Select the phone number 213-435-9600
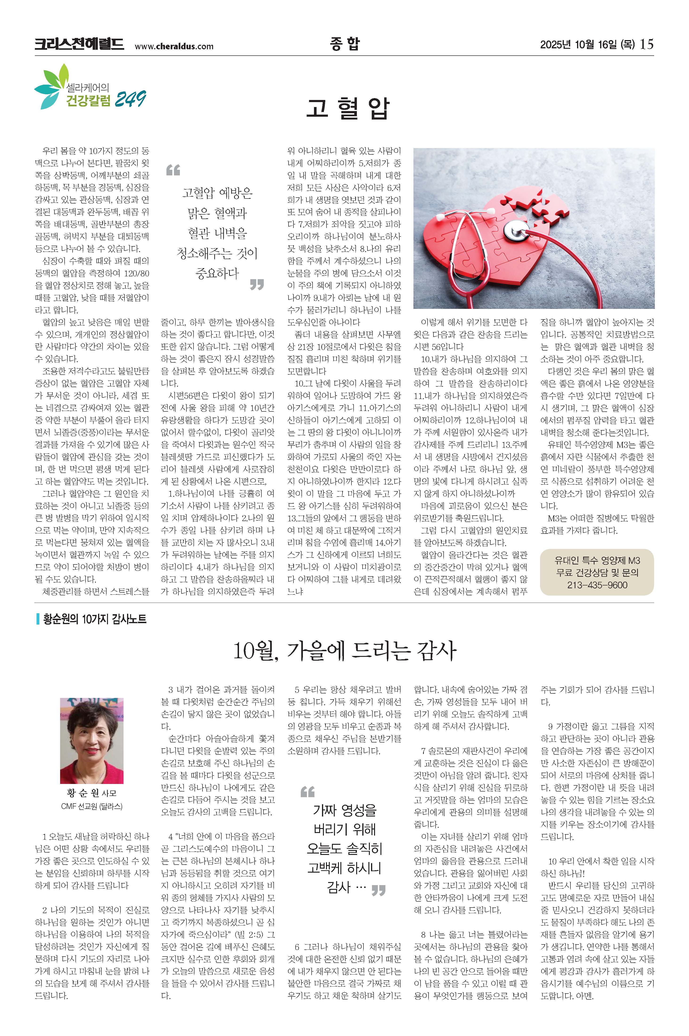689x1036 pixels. click(597, 585)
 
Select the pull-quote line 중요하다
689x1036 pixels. click(217, 274)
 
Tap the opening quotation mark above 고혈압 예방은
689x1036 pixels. click(173, 170)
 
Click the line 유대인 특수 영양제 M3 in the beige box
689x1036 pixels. click(597, 560)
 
